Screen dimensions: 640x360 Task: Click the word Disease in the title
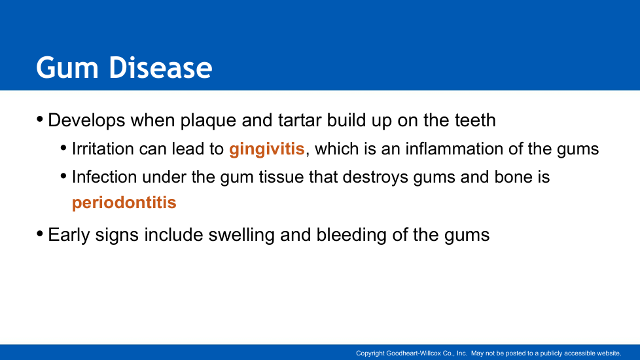click(160, 67)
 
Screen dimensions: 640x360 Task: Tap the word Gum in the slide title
click(67, 67)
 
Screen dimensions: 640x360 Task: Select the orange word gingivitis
click(267, 149)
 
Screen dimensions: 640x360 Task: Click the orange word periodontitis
click(124, 202)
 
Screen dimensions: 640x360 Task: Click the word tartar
click(300, 120)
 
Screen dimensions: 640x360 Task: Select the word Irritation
click(103, 149)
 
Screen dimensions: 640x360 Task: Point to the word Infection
click(104, 177)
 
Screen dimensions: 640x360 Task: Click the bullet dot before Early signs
click(40, 234)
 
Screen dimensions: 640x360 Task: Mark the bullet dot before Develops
click(40, 119)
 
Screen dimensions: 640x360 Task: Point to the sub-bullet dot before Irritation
click(63, 148)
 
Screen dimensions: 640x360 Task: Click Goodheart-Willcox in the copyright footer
click(420, 353)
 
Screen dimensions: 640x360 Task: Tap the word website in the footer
click(609, 353)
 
